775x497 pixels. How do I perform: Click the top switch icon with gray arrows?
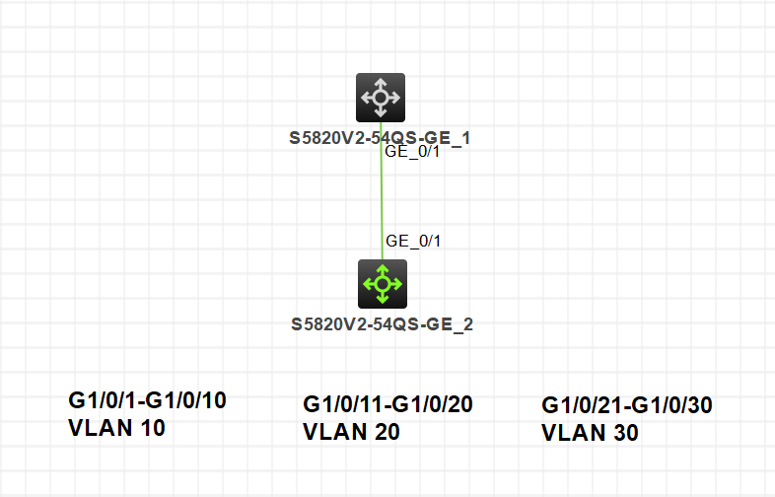coord(381,98)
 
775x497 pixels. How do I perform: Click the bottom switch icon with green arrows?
coord(381,284)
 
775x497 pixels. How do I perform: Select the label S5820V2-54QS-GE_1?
coord(380,138)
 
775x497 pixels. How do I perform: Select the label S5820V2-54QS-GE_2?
coord(383,323)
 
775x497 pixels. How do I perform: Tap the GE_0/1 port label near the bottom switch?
coord(412,241)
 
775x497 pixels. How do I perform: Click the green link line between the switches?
coord(382,197)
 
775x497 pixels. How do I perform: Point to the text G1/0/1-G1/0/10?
coord(148,400)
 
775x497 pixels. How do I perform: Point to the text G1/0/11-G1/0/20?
coord(388,404)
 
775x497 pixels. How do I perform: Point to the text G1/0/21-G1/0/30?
coord(627,405)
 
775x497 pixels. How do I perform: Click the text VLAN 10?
coord(117,428)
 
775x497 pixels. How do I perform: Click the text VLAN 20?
coord(352,432)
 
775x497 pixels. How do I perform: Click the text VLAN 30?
coord(591,433)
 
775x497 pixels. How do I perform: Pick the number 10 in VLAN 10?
coord(150,428)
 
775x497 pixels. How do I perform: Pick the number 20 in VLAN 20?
coord(385,432)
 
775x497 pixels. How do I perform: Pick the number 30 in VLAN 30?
coord(623,433)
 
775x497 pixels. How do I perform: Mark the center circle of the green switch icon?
coord(381,284)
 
